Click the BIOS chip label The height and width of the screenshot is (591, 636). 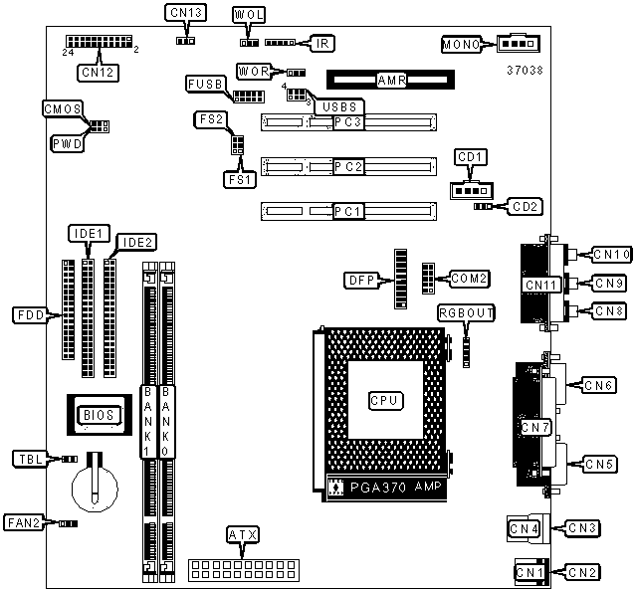click(x=99, y=415)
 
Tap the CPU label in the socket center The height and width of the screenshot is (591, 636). click(x=386, y=401)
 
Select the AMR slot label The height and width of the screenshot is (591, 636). click(x=391, y=81)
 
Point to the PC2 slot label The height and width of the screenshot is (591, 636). click(x=348, y=166)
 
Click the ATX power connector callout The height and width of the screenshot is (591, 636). click(x=243, y=535)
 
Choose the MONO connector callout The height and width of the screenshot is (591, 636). click(x=462, y=44)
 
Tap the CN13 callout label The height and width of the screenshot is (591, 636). click(x=186, y=13)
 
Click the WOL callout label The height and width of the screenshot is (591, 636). click(x=249, y=15)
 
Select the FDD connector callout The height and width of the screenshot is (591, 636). click(x=31, y=315)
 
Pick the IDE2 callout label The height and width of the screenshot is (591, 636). click(x=136, y=243)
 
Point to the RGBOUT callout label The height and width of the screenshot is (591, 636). click(x=467, y=313)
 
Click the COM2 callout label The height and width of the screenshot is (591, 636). click(x=469, y=279)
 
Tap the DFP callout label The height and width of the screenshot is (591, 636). click(x=361, y=281)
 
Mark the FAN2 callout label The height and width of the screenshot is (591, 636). click(x=24, y=522)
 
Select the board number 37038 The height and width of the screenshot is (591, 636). click(x=525, y=70)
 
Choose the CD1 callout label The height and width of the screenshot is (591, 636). click(x=470, y=157)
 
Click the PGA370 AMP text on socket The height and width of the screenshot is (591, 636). click(x=395, y=487)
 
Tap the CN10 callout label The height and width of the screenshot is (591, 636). click(x=612, y=255)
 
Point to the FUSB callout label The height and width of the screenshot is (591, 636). click(x=205, y=84)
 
